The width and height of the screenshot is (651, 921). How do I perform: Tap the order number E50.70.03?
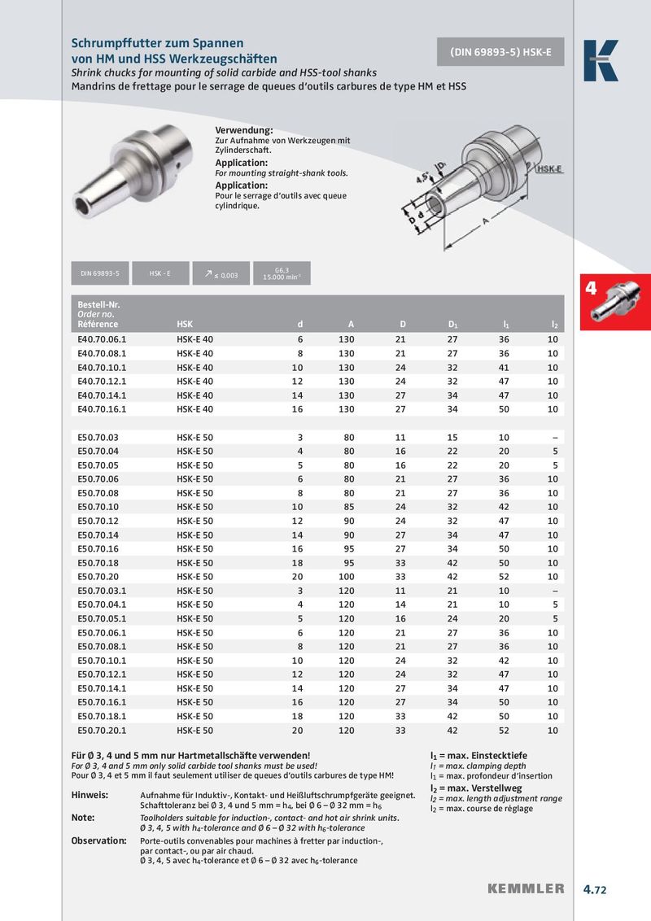tap(98, 437)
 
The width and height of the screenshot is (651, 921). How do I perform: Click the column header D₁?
tap(453, 324)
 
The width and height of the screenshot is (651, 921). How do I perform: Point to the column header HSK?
tap(185, 324)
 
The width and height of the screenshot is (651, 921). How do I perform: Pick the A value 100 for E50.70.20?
tap(346, 576)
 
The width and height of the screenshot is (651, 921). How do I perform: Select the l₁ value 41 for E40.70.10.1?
tap(504, 367)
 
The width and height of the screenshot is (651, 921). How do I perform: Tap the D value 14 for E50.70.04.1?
tap(400, 605)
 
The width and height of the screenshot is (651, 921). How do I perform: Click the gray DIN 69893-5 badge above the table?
tap(100, 274)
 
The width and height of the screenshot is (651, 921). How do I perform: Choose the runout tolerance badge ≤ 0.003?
tap(221, 274)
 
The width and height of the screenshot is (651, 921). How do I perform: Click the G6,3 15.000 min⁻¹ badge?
tap(281, 274)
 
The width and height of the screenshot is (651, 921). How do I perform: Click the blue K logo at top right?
tap(601, 60)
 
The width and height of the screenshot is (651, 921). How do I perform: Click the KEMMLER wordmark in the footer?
tap(526, 888)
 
